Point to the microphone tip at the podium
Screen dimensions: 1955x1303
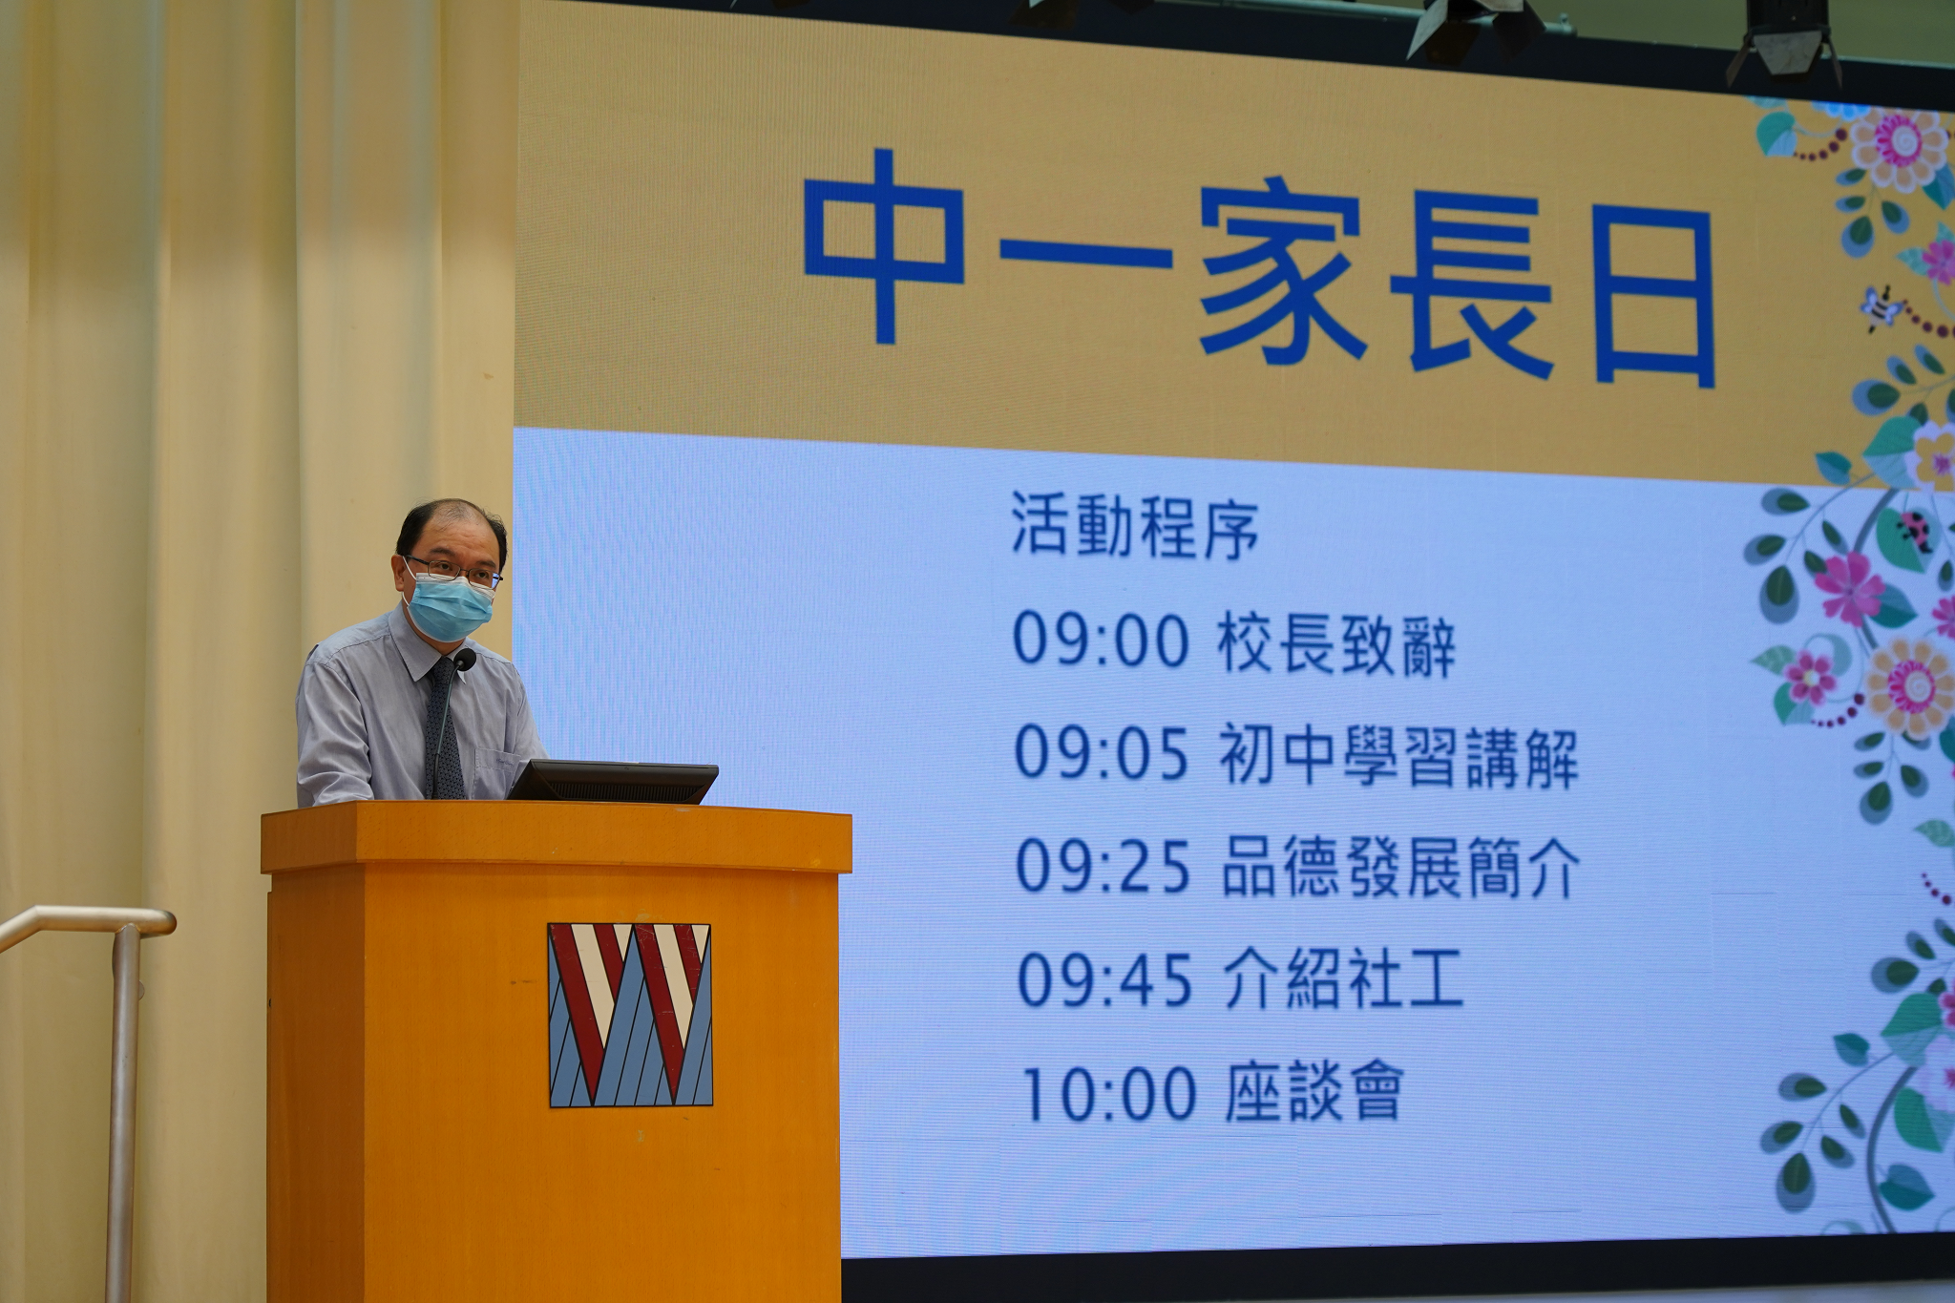click(x=465, y=660)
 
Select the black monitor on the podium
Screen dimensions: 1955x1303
click(x=611, y=782)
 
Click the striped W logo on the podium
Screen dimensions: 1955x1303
click(x=630, y=1015)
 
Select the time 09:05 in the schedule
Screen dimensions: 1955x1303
click(x=1101, y=754)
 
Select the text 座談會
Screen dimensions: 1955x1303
click(x=1313, y=1094)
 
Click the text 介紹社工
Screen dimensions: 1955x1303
click(x=1342, y=981)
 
